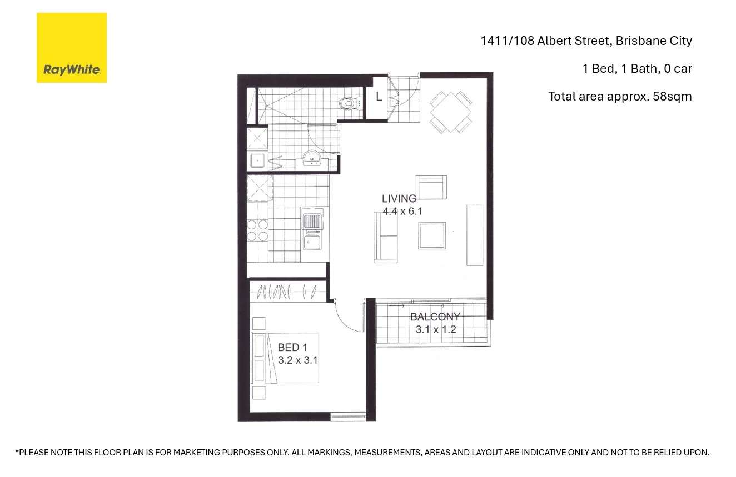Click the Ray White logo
tap(71, 48)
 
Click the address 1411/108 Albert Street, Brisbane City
tap(586, 41)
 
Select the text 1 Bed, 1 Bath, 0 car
tap(636, 68)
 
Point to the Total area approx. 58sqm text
tap(620, 96)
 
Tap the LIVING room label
tap(399, 198)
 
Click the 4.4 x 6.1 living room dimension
tap(402, 211)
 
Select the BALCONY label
tap(435, 317)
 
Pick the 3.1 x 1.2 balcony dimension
tap(436, 330)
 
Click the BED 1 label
tap(292, 348)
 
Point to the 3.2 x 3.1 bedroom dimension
tap(297, 360)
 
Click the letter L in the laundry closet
tap(379, 97)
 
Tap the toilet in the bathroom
tap(347, 103)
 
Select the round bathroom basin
tap(314, 159)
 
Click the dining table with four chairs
tap(451, 112)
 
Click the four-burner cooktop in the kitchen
tap(257, 230)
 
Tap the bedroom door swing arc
tap(348, 317)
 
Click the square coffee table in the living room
tap(432, 235)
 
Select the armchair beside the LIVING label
tap(431, 188)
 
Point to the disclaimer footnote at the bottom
tap(362, 453)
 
